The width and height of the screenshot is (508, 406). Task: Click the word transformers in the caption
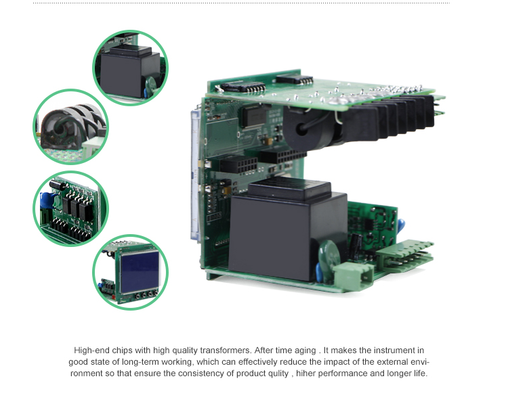tap(226, 351)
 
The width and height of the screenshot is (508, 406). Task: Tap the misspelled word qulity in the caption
tap(278, 374)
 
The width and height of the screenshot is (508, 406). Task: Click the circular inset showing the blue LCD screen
tap(130, 272)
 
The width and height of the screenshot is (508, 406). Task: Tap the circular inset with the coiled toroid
tap(70, 127)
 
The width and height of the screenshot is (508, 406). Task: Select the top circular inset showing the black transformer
tap(130, 68)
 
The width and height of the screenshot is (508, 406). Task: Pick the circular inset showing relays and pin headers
tap(70, 209)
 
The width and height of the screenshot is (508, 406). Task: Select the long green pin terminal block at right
tap(405, 256)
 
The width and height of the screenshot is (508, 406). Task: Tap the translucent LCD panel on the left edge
tap(196, 175)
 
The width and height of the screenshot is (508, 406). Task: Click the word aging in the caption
tap(305, 351)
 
